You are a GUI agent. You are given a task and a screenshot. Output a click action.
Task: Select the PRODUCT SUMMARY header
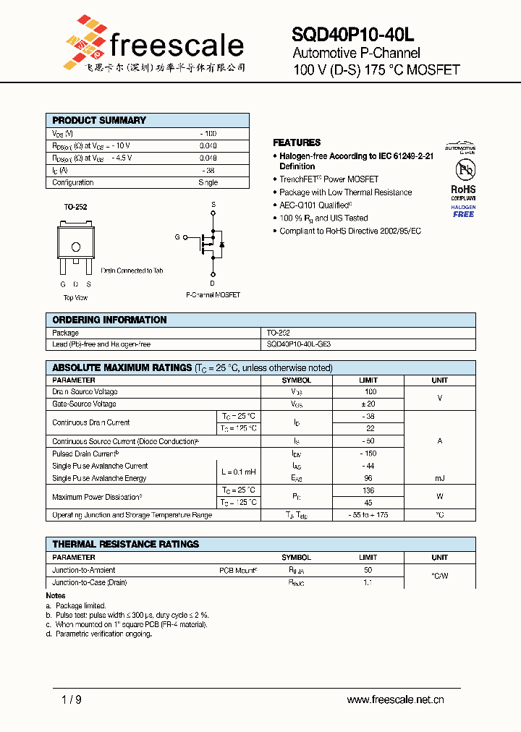(x=99, y=120)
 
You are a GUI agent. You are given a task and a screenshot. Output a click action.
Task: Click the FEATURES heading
(x=297, y=142)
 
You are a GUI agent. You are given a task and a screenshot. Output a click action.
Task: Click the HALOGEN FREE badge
(x=463, y=210)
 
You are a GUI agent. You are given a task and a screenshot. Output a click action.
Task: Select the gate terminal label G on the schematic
(x=177, y=237)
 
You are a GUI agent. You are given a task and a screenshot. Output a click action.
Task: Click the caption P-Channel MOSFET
(x=213, y=295)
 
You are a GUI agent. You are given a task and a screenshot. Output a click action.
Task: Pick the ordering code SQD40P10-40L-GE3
(x=299, y=344)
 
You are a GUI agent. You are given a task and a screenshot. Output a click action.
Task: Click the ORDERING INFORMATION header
(x=109, y=320)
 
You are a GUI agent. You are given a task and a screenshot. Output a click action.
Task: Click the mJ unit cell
(x=439, y=478)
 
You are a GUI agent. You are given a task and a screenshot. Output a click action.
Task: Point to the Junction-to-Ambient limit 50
(x=368, y=570)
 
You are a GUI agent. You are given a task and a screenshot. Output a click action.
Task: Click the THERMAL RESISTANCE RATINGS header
(x=125, y=544)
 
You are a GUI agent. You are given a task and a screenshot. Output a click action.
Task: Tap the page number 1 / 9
(x=72, y=699)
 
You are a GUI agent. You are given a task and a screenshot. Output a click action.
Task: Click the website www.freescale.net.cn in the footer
(x=395, y=699)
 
